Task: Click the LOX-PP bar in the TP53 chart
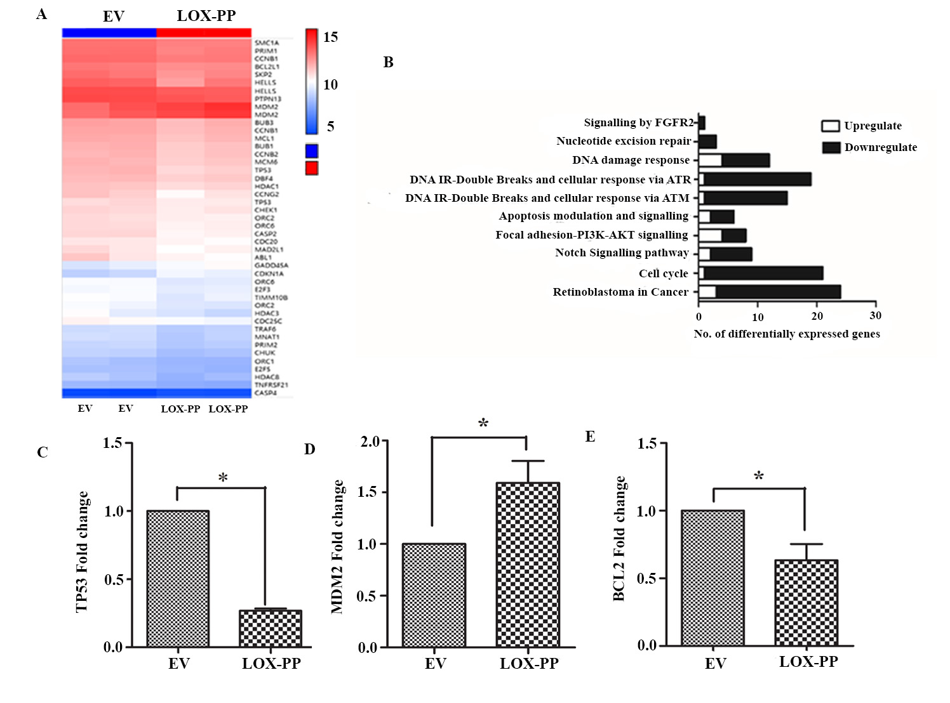271,628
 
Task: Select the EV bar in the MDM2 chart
434,595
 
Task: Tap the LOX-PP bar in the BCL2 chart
806,603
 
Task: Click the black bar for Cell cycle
763,273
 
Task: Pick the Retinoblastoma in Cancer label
620,292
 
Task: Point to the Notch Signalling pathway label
622,253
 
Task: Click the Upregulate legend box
831,126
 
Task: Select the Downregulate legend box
831,147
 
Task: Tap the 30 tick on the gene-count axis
876,315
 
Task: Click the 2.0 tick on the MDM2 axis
370,441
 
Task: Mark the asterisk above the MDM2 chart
483,423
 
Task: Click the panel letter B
389,62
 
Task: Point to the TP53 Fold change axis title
82,552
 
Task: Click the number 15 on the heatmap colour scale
330,37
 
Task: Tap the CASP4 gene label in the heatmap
265,393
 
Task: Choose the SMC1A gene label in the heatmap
267,43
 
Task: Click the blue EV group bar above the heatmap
109,33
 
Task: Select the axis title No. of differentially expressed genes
787,334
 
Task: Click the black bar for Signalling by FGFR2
702,122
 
